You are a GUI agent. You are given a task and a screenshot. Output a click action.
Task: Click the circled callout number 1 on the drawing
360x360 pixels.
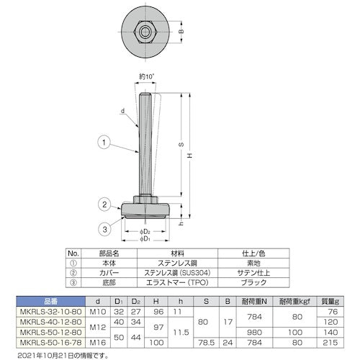coord(105,144)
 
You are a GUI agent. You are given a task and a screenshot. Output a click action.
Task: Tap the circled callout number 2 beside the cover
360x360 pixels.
coord(105,205)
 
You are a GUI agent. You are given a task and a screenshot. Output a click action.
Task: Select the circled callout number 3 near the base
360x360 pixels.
coord(105,229)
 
